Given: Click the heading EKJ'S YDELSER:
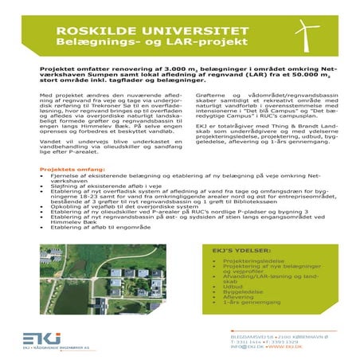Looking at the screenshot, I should [237, 250].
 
